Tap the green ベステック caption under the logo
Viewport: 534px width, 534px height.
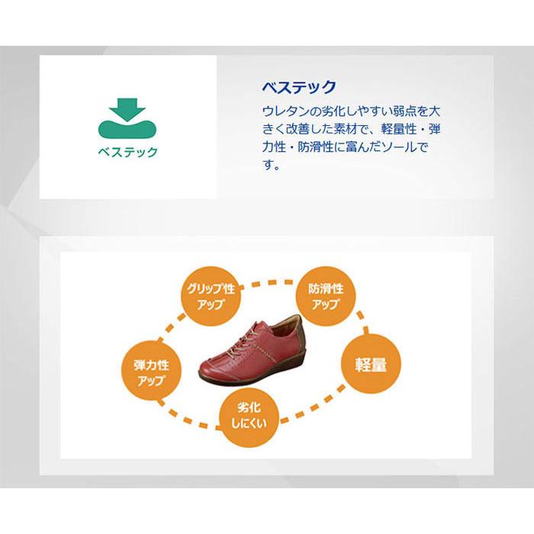tap(127, 152)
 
